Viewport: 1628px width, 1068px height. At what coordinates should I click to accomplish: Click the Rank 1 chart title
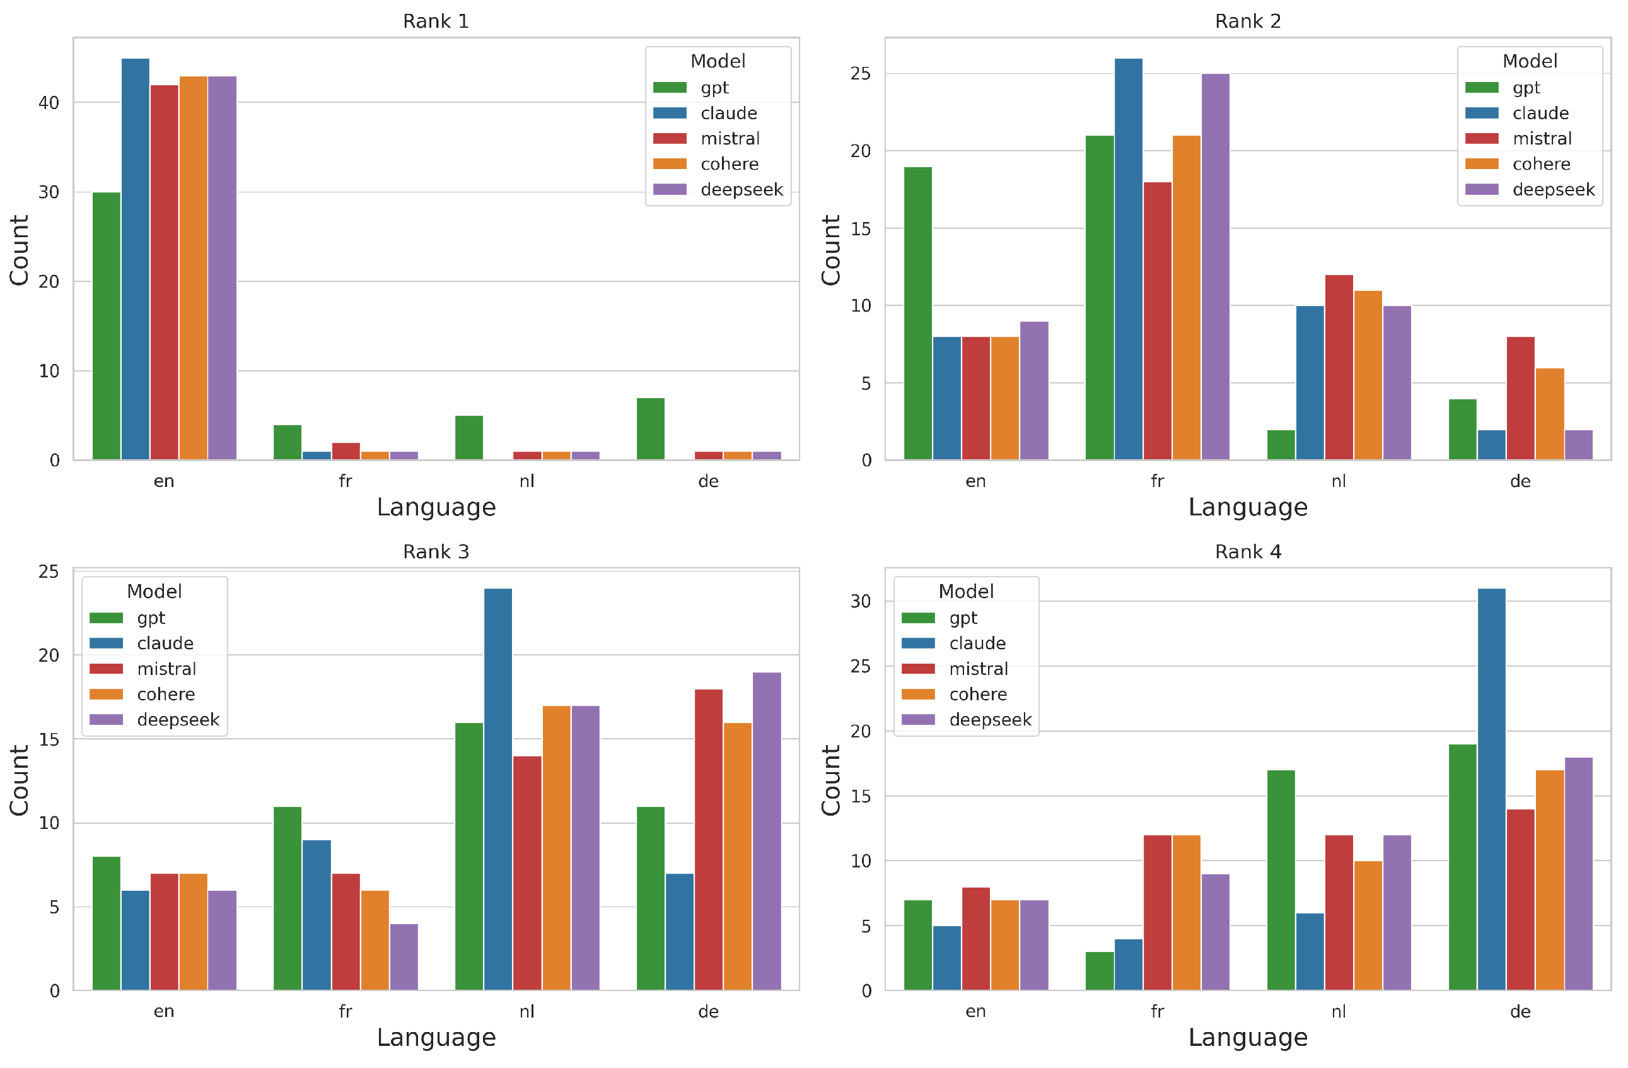tap(436, 21)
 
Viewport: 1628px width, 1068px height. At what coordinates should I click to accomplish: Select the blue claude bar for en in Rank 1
tap(136, 260)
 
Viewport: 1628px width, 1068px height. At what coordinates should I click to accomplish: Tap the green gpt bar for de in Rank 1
tap(650, 429)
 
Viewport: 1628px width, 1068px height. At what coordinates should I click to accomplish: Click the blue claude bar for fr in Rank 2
tap(1128, 260)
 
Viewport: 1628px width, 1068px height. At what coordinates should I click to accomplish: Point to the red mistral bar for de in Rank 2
tap(1520, 398)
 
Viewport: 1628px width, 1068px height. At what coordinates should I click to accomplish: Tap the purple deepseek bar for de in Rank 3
tap(767, 831)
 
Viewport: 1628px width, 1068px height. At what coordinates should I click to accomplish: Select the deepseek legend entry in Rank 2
tap(1553, 189)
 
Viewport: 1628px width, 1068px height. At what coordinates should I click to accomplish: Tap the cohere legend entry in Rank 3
tap(166, 695)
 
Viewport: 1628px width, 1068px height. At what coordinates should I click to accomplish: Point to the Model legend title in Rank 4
tap(965, 591)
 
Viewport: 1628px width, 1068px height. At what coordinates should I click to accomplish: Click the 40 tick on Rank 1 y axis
tap(49, 103)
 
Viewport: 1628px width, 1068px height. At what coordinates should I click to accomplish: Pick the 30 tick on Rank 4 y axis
tap(861, 601)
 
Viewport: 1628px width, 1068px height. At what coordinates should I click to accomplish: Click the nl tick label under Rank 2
tap(1338, 481)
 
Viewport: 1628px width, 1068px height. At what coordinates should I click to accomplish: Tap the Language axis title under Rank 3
tap(436, 1037)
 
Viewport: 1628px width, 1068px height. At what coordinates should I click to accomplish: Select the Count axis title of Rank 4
tap(830, 780)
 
